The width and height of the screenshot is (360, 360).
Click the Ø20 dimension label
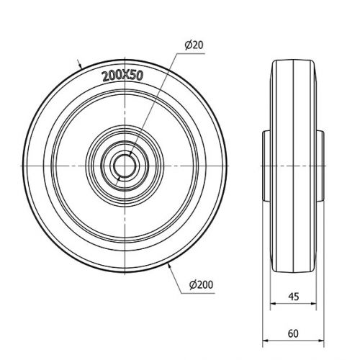click(194, 45)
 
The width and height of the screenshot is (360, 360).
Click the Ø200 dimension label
click(201, 284)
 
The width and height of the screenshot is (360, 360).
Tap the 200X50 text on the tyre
click(122, 76)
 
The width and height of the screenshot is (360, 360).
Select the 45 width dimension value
click(294, 297)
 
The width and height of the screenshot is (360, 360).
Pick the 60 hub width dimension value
click(293, 333)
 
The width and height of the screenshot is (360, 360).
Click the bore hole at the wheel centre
click(125, 166)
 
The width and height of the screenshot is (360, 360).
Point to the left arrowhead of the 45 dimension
click(274, 304)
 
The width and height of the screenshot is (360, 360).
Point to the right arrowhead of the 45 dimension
click(313, 304)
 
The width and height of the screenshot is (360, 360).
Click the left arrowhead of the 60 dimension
click(266, 341)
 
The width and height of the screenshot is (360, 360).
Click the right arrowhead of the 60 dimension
click(321, 341)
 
